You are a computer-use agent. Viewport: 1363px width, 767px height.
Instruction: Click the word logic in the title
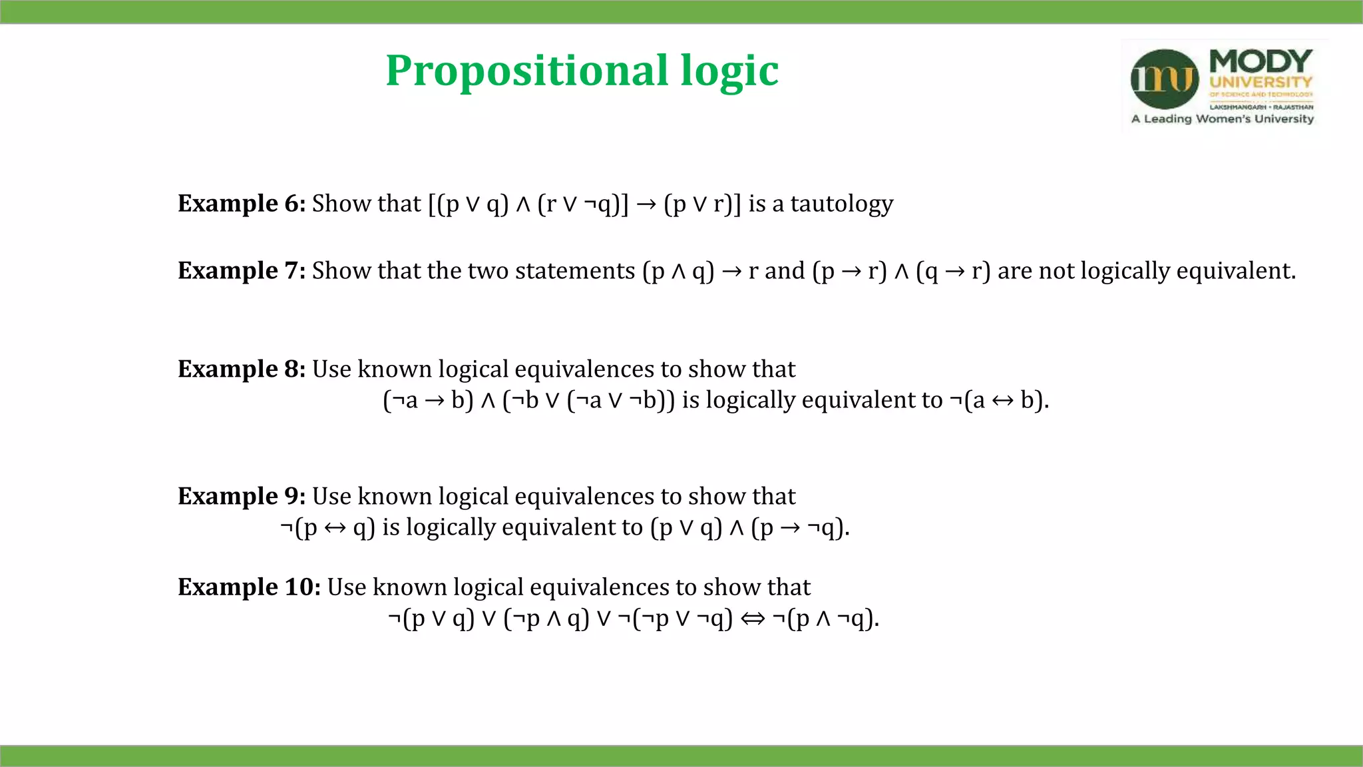coord(729,71)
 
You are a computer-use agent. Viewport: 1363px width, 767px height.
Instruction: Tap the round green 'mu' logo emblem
coord(1165,79)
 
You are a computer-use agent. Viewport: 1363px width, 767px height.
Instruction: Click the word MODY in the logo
coord(1261,61)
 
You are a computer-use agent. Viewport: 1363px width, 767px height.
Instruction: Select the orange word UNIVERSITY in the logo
coord(1261,83)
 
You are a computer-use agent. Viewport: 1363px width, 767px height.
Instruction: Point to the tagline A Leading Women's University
coord(1223,119)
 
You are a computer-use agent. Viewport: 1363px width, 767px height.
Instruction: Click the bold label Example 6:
coord(242,204)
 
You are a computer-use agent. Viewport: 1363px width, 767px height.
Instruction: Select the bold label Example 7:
coord(242,271)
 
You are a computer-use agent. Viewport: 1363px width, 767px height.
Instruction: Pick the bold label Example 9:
coord(242,497)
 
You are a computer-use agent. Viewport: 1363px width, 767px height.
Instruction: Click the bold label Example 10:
coord(249,587)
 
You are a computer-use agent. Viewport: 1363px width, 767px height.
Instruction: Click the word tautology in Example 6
coord(842,204)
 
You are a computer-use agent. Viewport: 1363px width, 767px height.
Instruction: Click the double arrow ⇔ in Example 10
coord(753,619)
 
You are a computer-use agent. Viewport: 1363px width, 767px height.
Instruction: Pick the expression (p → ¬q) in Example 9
coord(799,527)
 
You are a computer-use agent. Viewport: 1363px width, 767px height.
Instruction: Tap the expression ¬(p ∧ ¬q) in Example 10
coord(825,619)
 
